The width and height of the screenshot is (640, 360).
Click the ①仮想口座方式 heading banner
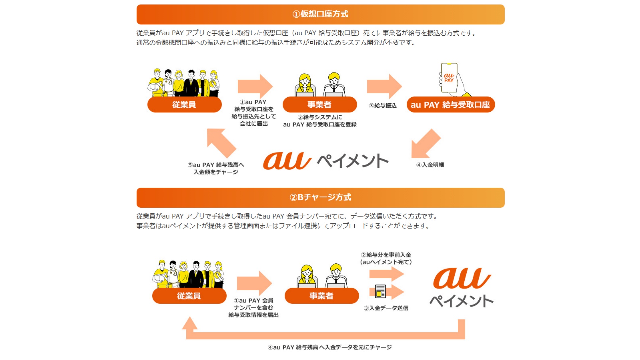click(x=320, y=14)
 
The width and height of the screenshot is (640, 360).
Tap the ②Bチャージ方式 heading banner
click(x=320, y=197)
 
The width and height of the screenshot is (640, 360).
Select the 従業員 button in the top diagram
click(x=184, y=105)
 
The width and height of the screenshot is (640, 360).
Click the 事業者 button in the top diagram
click(x=319, y=105)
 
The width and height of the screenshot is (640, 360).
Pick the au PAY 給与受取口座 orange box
click(x=450, y=105)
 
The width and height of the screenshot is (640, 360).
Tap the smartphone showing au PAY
click(x=449, y=78)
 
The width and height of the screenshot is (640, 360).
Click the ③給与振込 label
click(x=383, y=106)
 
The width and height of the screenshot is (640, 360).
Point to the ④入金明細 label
click(x=430, y=165)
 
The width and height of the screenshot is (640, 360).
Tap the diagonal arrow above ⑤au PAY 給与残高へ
click(x=221, y=143)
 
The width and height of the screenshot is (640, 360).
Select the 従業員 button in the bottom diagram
click(x=189, y=296)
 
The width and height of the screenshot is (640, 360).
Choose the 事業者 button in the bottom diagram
click(x=321, y=296)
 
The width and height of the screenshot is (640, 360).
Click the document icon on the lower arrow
click(x=380, y=291)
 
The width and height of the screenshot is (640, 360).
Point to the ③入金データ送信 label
click(x=386, y=308)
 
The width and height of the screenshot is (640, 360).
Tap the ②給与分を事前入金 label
click(x=386, y=255)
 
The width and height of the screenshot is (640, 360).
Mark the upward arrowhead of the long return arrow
click(x=190, y=323)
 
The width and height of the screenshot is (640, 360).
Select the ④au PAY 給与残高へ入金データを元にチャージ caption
click(x=330, y=347)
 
